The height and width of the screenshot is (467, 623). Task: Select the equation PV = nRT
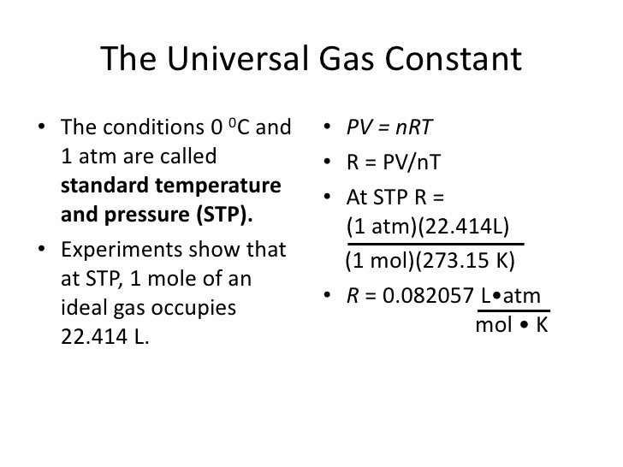[x=389, y=127]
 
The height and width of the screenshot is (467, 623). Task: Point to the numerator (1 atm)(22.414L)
[x=427, y=227]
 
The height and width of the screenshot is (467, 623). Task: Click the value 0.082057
[x=427, y=297]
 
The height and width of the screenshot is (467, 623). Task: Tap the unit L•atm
[x=511, y=297]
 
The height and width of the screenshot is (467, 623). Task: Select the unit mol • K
[x=511, y=326]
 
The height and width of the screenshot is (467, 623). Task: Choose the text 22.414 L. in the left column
[x=105, y=336]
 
